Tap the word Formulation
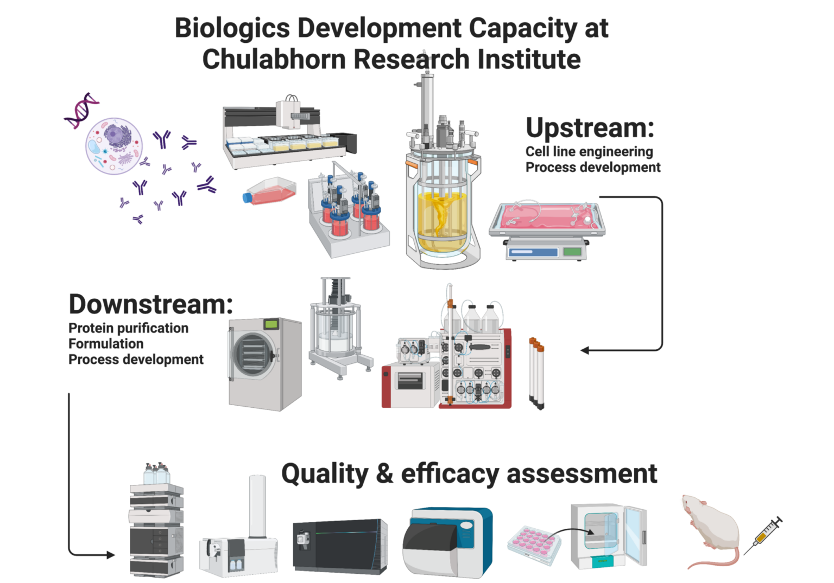(x=106, y=344)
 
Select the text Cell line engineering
(x=589, y=151)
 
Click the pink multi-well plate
(x=535, y=543)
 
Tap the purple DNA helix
(x=81, y=111)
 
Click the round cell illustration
(x=115, y=146)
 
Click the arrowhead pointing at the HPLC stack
(x=111, y=555)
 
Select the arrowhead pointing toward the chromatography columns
(x=584, y=350)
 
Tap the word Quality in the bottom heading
(x=324, y=473)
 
